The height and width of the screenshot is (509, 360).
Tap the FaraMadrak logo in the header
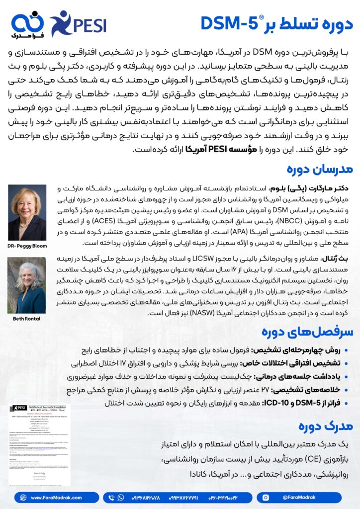click(28, 25)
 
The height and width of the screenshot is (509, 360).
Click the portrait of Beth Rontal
click(27, 285)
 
